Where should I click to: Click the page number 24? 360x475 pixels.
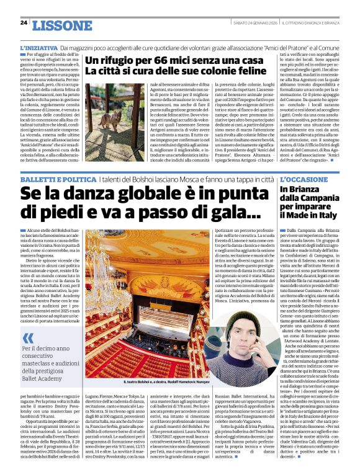(x=24, y=22)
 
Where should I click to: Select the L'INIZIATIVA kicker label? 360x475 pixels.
(x=38, y=48)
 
